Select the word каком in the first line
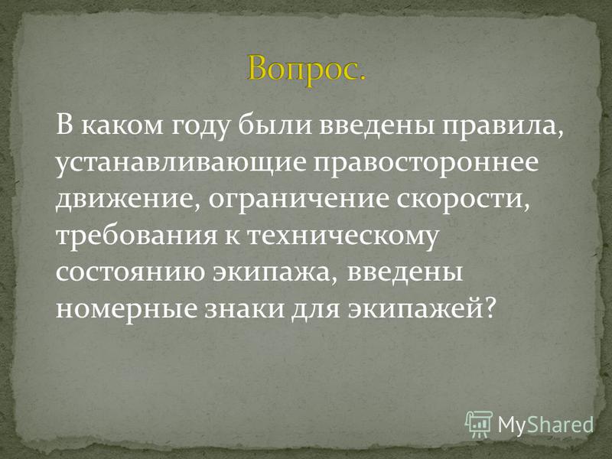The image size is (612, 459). (x=122, y=125)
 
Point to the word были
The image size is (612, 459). (x=275, y=125)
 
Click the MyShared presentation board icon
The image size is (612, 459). (x=479, y=424)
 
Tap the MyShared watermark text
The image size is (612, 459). (x=545, y=425)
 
